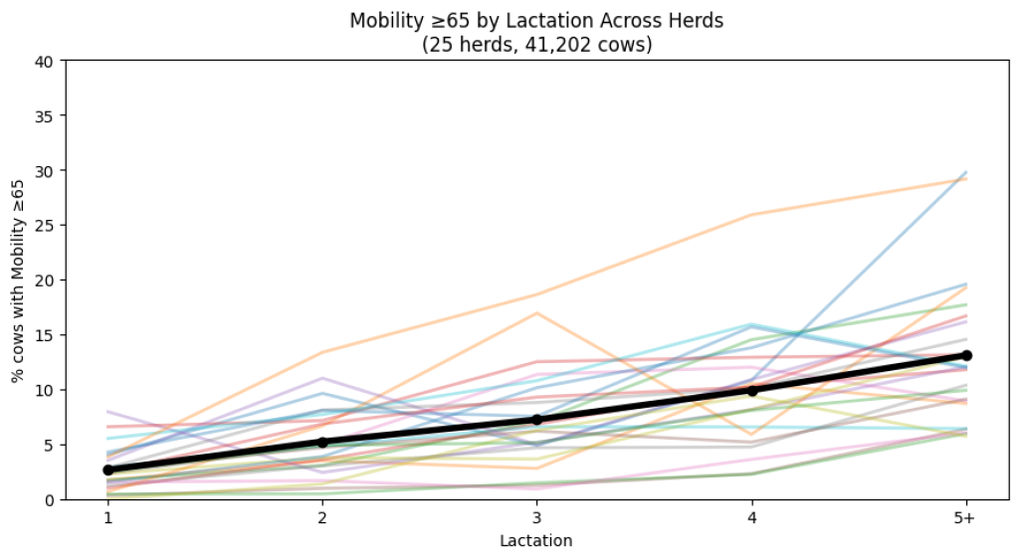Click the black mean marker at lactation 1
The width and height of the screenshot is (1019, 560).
click(107, 469)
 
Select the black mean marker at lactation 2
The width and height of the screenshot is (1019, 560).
click(322, 442)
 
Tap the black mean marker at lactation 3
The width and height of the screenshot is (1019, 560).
click(537, 420)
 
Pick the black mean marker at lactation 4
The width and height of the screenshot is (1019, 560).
click(752, 390)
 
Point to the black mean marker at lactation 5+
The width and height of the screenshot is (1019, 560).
click(966, 355)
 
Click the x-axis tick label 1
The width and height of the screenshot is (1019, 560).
click(107, 518)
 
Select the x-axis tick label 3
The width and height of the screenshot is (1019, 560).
click(537, 518)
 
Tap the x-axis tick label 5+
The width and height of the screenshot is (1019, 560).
click(966, 518)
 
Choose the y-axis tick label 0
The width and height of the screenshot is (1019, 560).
click(51, 499)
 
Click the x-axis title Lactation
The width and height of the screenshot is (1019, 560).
click(537, 541)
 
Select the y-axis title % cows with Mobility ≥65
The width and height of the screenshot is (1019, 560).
click(18, 280)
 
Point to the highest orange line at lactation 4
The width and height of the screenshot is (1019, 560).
click(752, 215)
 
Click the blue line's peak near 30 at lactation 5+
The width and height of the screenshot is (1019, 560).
click(966, 173)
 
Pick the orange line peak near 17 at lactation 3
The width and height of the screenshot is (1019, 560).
click(537, 313)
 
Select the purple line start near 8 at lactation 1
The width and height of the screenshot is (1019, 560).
click(107, 412)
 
